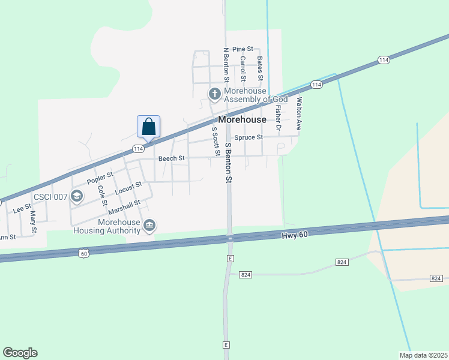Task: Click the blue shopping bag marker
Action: pyautogui.click(x=149, y=127)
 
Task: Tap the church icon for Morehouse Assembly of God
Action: pyautogui.click(x=214, y=94)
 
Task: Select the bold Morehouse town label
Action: pyautogui.click(x=242, y=119)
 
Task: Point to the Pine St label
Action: pyautogui.click(x=243, y=49)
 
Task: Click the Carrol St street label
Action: pyautogui.click(x=243, y=69)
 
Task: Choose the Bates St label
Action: pyautogui.click(x=260, y=69)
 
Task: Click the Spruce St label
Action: pyautogui.click(x=249, y=137)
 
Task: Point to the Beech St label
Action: pyautogui.click(x=171, y=158)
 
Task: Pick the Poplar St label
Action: pyautogui.click(x=100, y=178)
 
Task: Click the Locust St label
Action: pyautogui.click(x=128, y=188)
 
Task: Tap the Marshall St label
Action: pyautogui.click(x=124, y=208)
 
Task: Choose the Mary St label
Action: pyautogui.click(x=34, y=221)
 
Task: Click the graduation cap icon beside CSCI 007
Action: pyautogui.click(x=77, y=196)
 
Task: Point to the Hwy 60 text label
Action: pyautogui.click(x=294, y=235)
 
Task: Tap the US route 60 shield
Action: pyautogui.click(x=83, y=254)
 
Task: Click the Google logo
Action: pyautogui.click(x=20, y=353)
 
